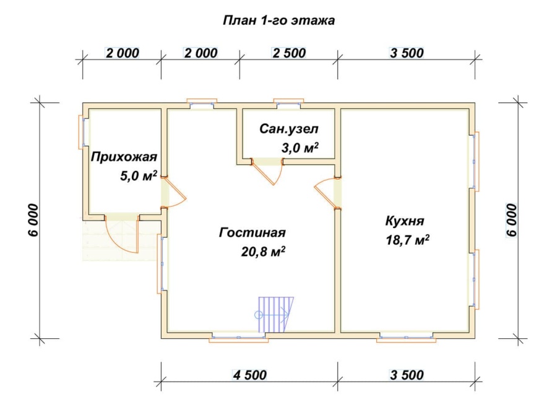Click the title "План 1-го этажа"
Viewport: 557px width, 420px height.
(278, 20)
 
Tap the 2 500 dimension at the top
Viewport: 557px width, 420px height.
(289, 53)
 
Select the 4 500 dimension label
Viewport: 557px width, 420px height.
(249, 375)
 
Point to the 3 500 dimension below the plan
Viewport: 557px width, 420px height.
(407, 375)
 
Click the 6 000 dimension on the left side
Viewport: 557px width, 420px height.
(33, 219)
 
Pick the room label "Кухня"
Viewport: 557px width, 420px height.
(405, 221)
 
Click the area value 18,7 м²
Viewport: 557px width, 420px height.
(407, 240)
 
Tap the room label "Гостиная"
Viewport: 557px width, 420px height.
(252, 233)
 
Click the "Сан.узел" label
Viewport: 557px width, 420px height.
(289, 129)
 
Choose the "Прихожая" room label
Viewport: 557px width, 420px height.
(124, 157)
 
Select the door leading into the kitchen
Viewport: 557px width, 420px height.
(327, 193)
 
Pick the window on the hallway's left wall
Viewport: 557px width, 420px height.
(82, 131)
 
